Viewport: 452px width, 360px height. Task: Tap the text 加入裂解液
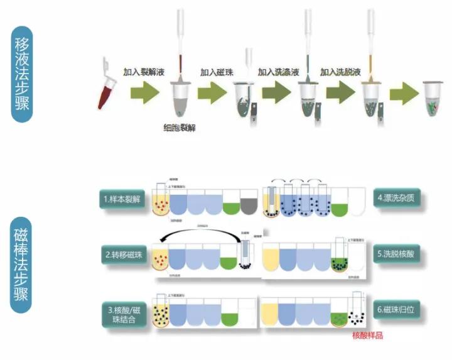point(143,73)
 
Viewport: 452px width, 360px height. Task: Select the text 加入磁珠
point(217,73)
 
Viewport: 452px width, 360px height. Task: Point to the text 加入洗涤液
point(279,73)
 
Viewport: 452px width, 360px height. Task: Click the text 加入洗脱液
point(342,73)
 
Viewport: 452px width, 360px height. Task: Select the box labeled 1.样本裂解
point(124,199)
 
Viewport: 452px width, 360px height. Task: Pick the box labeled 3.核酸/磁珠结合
point(124,315)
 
